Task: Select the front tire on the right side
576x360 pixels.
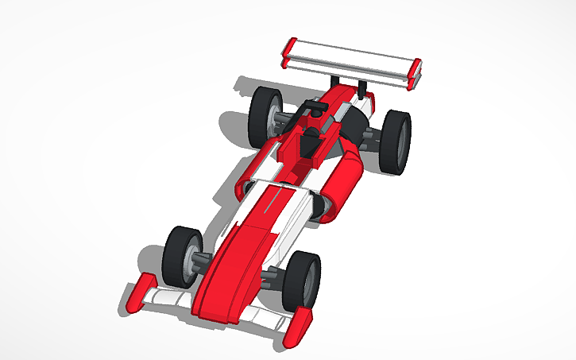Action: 302,282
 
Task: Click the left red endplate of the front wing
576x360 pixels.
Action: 140,294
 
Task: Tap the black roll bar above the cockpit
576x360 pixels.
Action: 314,106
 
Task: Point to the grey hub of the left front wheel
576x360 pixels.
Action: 193,262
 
